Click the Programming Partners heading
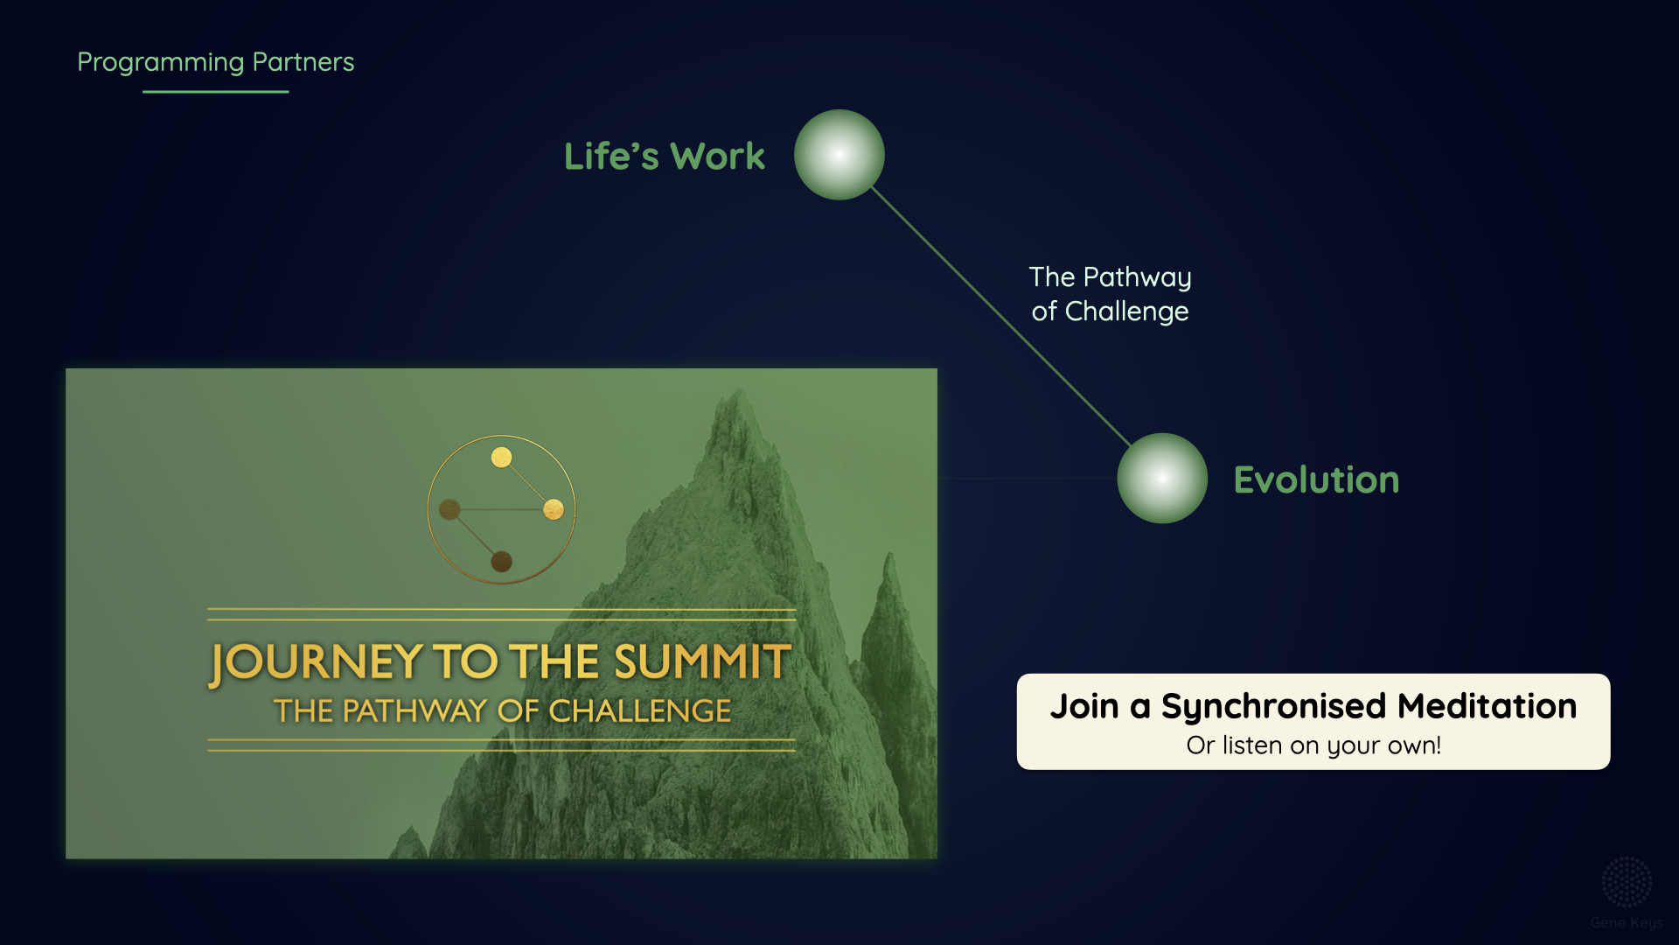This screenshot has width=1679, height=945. coord(215,62)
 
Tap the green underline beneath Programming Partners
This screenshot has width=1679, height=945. coord(215,91)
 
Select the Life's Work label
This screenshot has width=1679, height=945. coord(665,156)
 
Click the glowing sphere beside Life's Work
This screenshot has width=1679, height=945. coord(839,155)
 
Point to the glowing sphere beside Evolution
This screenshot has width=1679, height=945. coord(1162,479)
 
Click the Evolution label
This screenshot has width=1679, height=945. coord(1316,479)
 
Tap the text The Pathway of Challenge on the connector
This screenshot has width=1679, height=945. coord(1110,294)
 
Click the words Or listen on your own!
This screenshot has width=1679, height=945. coord(1313,745)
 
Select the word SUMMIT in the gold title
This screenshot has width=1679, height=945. coord(702,661)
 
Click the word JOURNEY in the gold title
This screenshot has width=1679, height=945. coord(316,663)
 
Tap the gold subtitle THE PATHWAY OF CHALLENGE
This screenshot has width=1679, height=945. coord(502,710)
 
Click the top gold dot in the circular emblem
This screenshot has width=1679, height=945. coord(501,457)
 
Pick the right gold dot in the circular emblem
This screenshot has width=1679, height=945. coord(554,509)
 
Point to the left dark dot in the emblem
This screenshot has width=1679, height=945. coord(449,509)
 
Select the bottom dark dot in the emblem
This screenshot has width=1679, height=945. coord(501,562)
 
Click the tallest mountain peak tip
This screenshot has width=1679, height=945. coord(739,389)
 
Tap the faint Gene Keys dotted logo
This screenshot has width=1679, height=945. coord(1627,882)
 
